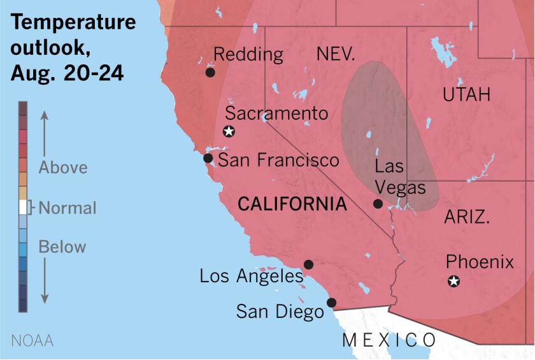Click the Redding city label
click(248, 55)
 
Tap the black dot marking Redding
click(210, 73)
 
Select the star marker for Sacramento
click(229, 132)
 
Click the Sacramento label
click(277, 114)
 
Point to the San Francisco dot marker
click(208, 158)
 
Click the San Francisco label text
click(279, 159)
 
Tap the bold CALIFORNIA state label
click(292, 205)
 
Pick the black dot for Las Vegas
click(378, 204)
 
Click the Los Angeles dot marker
click(308, 264)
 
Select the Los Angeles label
click(252, 276)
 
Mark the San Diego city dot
click(331, 303)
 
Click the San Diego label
click(280, 312)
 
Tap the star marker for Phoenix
click(453, 280)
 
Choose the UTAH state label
click(467, 96)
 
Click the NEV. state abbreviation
click(336, 55)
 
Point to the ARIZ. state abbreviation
click(466, 217)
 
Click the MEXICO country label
click(389, 340)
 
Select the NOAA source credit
click(32, 340)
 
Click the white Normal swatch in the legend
click(23, 207)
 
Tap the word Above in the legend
click(63, 168)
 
